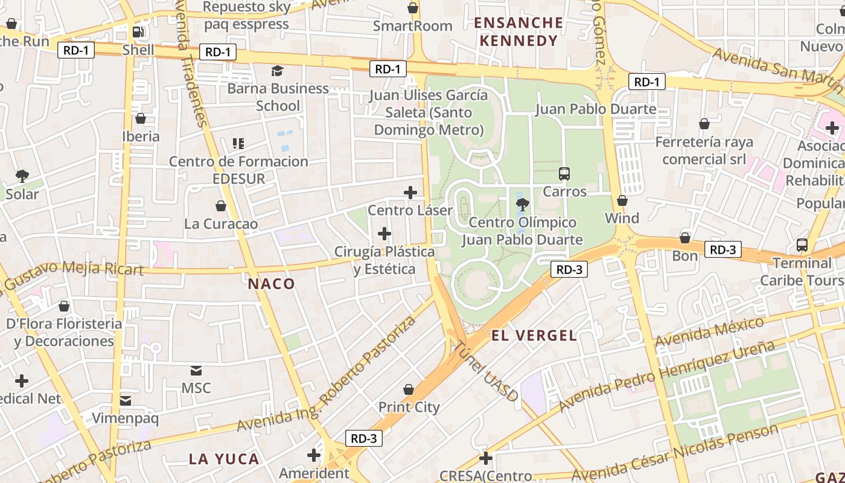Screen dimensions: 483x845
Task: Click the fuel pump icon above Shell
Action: (138, 31)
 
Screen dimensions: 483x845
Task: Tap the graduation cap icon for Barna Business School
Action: (277, 71)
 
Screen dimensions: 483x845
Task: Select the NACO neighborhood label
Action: (272, 284)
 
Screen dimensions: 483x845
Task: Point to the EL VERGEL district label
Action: (534, 336)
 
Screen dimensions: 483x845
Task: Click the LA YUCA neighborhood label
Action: (224, 459)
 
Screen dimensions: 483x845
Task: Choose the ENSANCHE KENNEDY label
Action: (518, 32)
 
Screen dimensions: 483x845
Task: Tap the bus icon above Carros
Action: (564, 174)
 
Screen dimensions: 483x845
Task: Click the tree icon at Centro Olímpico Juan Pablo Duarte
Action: (523, 204)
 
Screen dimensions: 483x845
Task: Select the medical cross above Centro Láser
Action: (410, 193)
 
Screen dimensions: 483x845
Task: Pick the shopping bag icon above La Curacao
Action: (221, 206)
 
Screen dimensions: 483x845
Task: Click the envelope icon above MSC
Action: (196, 370)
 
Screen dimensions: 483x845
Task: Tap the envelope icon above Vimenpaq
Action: (125, 400)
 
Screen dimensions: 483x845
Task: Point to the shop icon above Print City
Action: (409, 389)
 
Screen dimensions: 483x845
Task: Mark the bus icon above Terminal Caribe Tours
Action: (802, 245)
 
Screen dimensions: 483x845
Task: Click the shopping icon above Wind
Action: (622, 200)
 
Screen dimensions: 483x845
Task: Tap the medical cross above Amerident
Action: (314, 455)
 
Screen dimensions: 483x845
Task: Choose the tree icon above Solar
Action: (22, 176)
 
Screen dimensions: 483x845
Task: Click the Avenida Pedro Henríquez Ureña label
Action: (666, 376)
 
